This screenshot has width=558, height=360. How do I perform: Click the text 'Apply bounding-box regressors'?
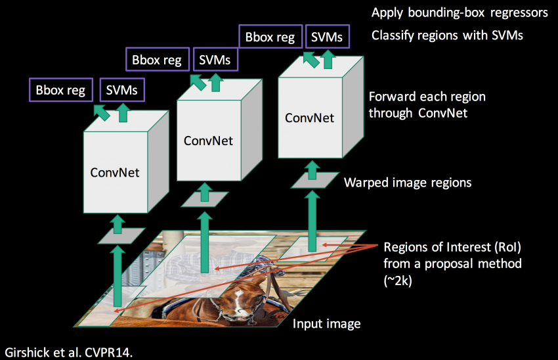460,13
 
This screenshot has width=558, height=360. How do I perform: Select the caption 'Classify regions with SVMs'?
447,35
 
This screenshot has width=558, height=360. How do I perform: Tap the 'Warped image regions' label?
408,182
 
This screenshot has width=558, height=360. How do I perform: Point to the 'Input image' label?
326,324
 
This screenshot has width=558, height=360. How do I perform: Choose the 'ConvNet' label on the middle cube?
208,141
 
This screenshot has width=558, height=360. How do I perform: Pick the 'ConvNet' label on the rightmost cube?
309,118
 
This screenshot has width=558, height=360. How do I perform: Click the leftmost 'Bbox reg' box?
61,90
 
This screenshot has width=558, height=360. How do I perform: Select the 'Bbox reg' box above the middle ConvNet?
157,60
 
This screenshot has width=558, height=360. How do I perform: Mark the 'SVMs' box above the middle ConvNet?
215,60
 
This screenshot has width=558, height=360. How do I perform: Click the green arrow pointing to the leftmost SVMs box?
122,113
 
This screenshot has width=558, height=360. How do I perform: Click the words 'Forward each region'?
427,97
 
